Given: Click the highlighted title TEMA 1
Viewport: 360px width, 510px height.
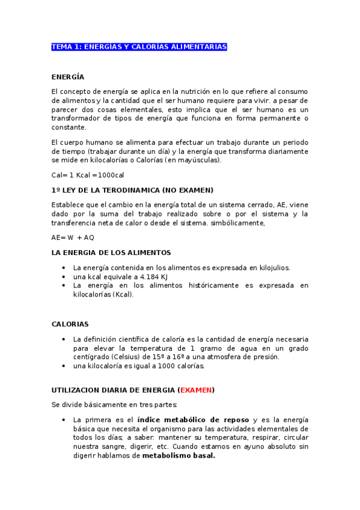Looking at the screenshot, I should pyautogui.click(x=139, y=47).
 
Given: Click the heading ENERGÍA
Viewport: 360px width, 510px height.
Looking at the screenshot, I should pyautogui.click(x=68, y=77).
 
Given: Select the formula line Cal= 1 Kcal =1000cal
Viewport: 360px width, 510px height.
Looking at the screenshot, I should pyautogui.click(x=88, y=175).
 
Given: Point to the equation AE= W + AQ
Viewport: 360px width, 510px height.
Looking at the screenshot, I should pyautogui.click(x=73, y=238).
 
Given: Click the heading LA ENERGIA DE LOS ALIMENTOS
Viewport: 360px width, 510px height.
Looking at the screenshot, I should pyautogui.click(x=111, y=253).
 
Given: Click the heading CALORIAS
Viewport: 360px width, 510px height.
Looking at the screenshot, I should pyautogui.click(x=70, y=324).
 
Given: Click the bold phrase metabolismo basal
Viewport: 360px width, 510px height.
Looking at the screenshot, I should pyautogui.click(x=178, y=455).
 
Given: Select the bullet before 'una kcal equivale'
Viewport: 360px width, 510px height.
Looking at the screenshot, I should pyautogui.click(x=64, y=277).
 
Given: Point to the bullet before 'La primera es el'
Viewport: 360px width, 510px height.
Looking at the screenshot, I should pyautogui.click(x=64, y=419).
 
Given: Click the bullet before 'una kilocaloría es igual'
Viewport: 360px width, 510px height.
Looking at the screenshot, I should pyautogui.click(x=64, y=366).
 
